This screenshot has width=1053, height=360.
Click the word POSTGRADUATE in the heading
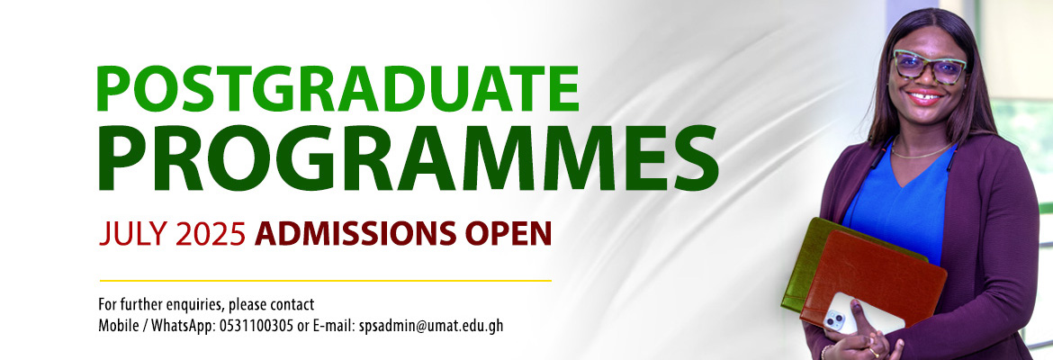click(x=337, y=88)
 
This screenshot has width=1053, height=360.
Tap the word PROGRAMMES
click(x=409, y=157)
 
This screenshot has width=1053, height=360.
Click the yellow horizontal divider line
click(x=325, y=280)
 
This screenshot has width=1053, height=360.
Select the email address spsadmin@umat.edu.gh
click(x=430, y=327)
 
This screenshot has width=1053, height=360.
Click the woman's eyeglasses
click(x=930, y=67)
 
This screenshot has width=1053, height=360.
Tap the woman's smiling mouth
click(x=924, y=96)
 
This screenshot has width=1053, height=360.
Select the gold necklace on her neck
click(x=922, y=151)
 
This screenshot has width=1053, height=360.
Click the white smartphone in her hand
click(x=859, y=314)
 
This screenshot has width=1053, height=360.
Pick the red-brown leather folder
click(x=873, y=275)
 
